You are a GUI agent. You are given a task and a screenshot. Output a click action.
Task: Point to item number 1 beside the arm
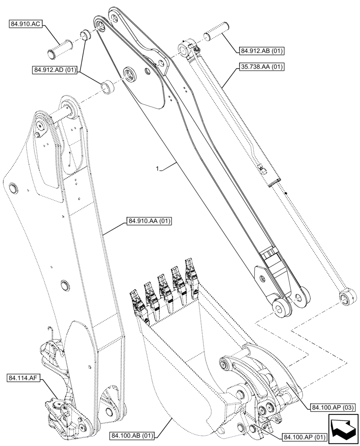pyautogui.click(x=157, y=169)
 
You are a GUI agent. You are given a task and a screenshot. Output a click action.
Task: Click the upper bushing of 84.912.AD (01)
pyautogui.click(x=84, y=35)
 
